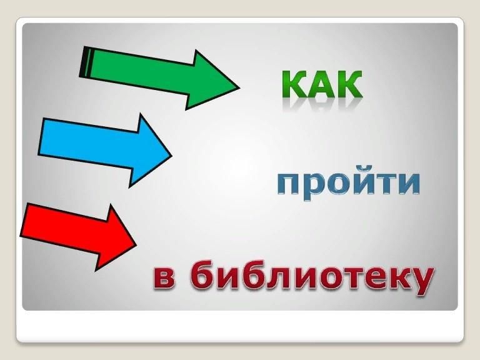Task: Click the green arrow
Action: pyautogui.click(x=159, y=77)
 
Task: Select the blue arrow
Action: pyautogui.click(x=105, y=151)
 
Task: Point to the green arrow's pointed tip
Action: pyautogui.click(x=239, y=88)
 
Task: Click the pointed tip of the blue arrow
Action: pyautogui.click(x=172, y=156)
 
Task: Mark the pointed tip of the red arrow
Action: pyautogui.click(x=136, y=245)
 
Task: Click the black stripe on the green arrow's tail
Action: pyautogui.click(x=85, y=62)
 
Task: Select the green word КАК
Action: pyautogui.click(x=322, y=84)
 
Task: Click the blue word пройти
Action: pyautogui.click(x=348, y=182)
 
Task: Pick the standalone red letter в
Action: pyautogui.click(x=164, y=279)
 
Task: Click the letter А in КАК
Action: pyautogui.click(x=322, y=84)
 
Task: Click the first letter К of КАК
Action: pyautogui.click(x=294, y=84)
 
